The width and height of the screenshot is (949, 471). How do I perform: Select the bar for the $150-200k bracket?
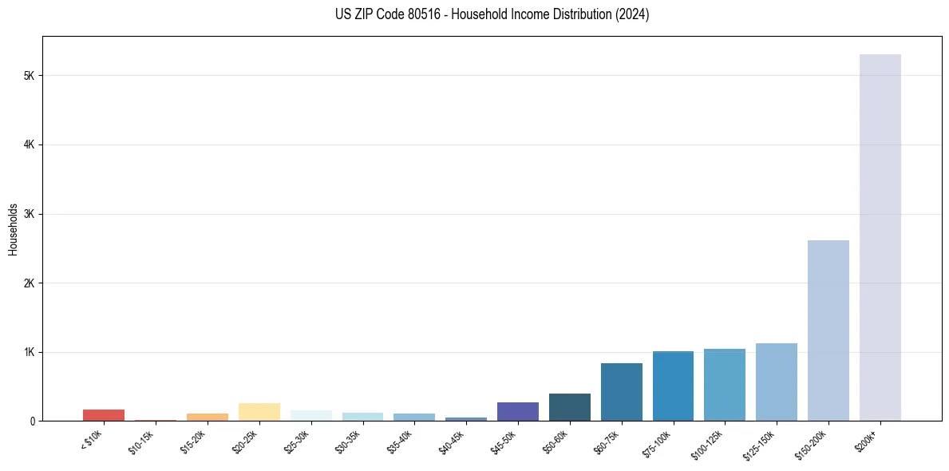pyautogui.click(x=828, y=330)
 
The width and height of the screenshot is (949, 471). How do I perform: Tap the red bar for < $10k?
pyautogui.click(x=104, y=415)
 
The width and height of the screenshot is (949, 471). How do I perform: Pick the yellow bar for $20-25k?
pyautogui.click(x=259, y=412)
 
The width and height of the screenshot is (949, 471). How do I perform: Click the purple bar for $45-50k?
pyautogui.click(x=517, y=411)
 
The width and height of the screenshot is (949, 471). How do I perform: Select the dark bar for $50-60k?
pyautogui.click(x=569, y=407)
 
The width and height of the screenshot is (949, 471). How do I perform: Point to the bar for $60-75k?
pyautogui.click(x=621, y=392)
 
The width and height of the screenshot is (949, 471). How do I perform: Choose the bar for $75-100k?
pyautogui.click(x=673, y=386)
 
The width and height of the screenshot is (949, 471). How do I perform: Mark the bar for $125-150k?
pyautogui.click(x=776, y=382)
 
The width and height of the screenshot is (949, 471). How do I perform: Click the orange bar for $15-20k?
pyautogui.click(x=207, y=417)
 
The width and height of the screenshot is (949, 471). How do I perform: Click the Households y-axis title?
pyautogui.click(x=13, y=229)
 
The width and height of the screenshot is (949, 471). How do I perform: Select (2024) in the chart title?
pyautogui.click(x=632, y=14)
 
